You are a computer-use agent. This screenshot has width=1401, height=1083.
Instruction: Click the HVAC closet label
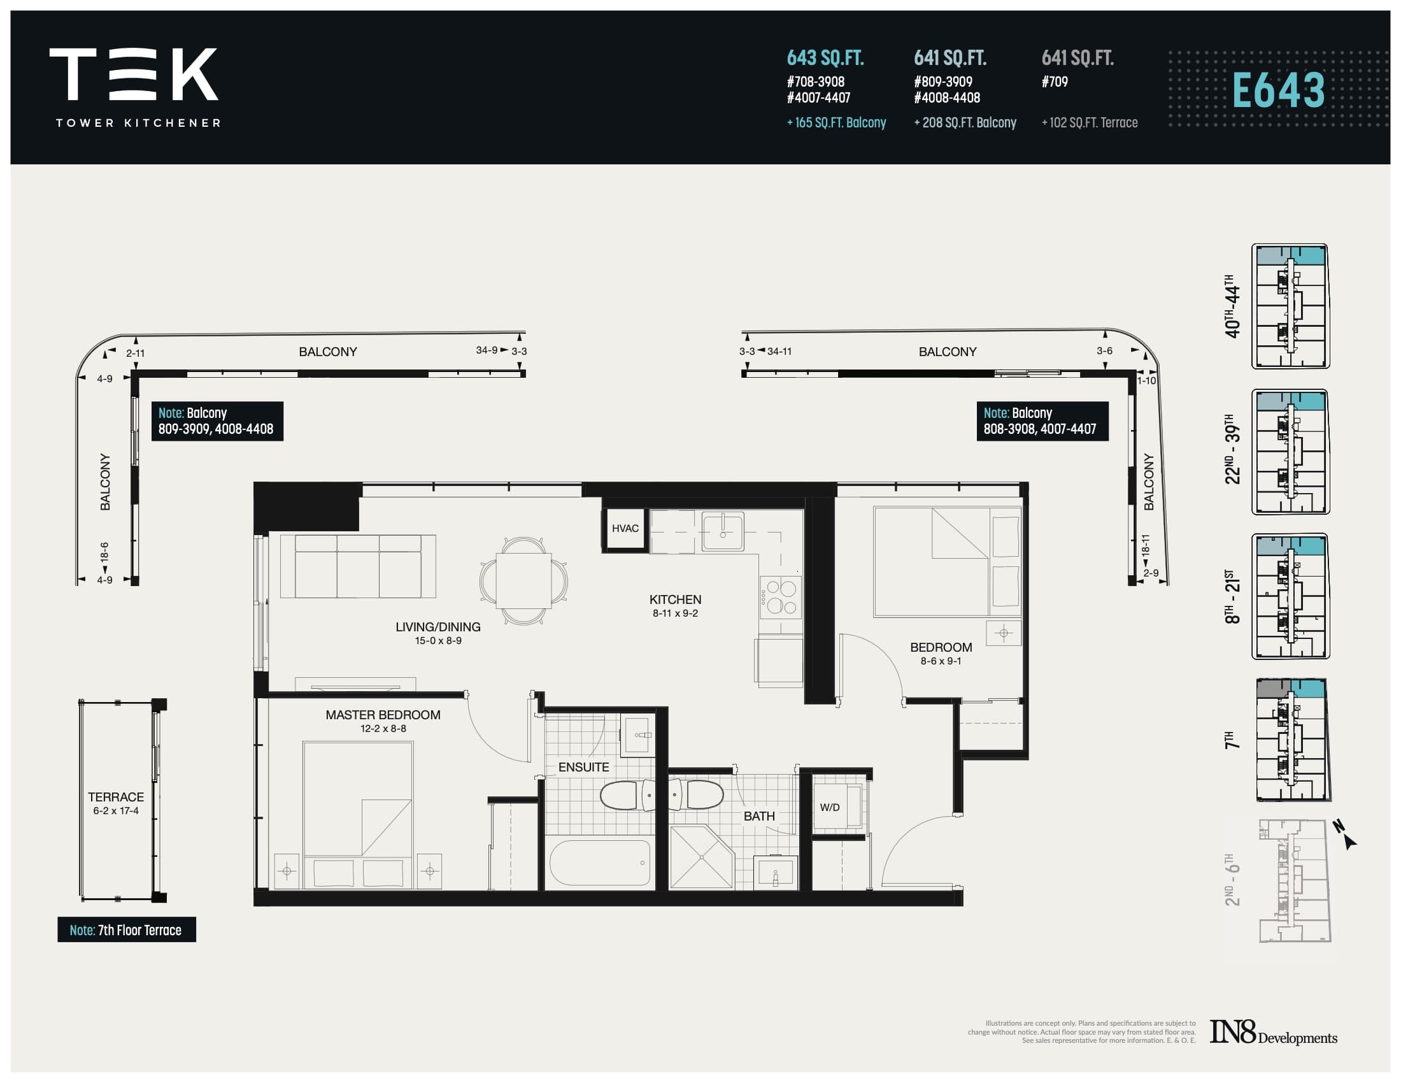click(625, 528)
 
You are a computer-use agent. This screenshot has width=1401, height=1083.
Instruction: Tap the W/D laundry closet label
click(829, 807)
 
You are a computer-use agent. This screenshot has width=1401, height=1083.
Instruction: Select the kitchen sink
click(723, 531)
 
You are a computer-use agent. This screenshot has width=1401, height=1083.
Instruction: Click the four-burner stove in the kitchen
click(781, 597)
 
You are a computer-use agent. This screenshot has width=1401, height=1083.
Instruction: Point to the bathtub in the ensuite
click(600, 863)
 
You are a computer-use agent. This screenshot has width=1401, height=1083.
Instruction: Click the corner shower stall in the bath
click(700, 857)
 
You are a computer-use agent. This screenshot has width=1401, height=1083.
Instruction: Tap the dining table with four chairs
click(523, 580)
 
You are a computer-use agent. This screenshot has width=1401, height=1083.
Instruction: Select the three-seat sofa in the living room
click(358, 566)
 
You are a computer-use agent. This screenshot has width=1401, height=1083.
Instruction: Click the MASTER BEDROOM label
click(382, 715)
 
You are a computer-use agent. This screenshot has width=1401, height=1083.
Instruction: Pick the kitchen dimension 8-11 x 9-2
click(675, 613)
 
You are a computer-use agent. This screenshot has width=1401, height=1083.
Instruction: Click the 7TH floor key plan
click(1292, 740)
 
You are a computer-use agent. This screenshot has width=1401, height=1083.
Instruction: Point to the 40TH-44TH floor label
click(1232, 306)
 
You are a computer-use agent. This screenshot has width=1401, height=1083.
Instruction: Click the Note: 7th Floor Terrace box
click(126, 929)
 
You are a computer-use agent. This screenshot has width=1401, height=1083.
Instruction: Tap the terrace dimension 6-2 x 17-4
click(115, 811)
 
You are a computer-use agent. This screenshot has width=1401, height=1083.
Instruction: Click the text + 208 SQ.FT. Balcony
click(965, 122)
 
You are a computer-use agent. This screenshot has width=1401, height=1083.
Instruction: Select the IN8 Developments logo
click(1273, 1033)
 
